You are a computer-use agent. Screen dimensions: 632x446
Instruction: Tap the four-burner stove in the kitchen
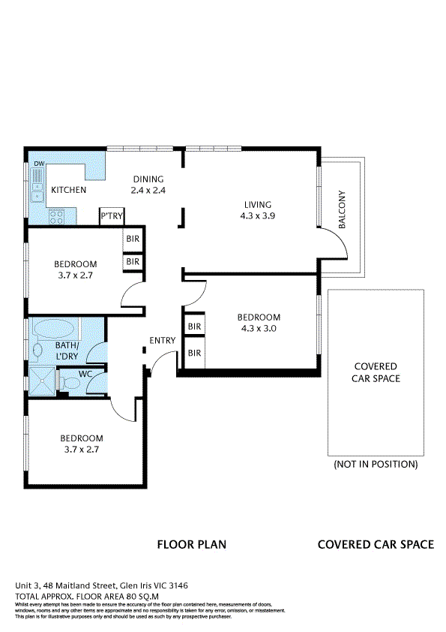click(x=56, y=217)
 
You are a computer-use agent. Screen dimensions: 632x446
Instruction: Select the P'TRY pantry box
click(x=112, y=216)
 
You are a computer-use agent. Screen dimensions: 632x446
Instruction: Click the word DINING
click(x=148, y=179)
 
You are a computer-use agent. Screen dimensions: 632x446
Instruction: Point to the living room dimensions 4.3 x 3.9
click(x=257, y=215)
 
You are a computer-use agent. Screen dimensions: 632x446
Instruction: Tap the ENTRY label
click(x=162, y=341)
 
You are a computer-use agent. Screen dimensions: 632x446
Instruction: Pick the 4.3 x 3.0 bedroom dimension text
click(x=259, y=328)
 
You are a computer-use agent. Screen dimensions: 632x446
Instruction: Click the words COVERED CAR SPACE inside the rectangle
click(x=376, y=372)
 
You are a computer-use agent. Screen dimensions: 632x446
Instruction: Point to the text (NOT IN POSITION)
click(x=376, y=465)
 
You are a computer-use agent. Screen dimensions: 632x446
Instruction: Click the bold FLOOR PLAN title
click(x=191, y=545)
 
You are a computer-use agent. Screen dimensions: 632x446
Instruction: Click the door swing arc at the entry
click(x=156, y=366)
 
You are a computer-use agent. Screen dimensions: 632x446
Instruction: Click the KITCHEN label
click(x=68, y=191)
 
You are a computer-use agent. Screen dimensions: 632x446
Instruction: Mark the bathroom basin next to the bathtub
click(x=37, y=349)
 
